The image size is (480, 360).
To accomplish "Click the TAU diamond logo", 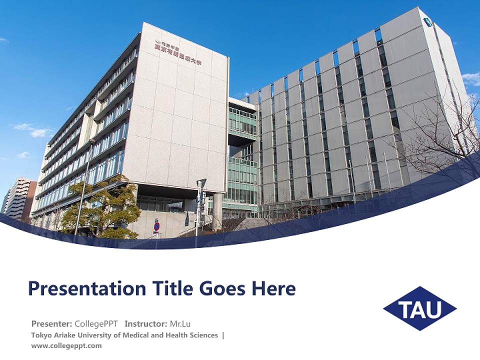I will [x=420, y=308].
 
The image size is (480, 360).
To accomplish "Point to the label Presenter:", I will [x=51, y=323].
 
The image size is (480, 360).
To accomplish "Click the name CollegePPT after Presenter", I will [x=96, y=323].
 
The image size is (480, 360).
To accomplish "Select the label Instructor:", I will [x=145, y=323].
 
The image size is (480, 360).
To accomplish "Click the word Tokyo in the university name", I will [x=40, y=335].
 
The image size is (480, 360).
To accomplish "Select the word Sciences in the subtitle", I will [x=202, y=335].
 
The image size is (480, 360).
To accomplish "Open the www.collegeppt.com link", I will [x=66, y=345].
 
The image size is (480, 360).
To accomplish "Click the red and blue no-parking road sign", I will [x=157, y=226].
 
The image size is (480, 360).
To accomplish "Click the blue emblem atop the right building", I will [x=428, y=21].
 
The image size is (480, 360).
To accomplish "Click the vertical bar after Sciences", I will [x=223, y=335].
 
